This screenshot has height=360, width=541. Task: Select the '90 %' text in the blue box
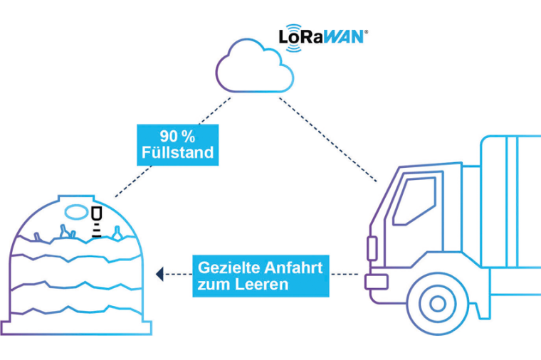pos(175,136)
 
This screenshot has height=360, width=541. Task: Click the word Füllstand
pos(175,152)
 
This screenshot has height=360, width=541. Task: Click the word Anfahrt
pos(293,269)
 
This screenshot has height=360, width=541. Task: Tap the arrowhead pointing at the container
pos(160,273)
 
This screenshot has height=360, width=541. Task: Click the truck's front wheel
pos(436,304)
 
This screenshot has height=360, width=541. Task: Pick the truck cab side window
pos(414,201)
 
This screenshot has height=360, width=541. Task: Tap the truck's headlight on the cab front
pos(372,248)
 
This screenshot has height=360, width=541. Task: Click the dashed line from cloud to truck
pos(327,139)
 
